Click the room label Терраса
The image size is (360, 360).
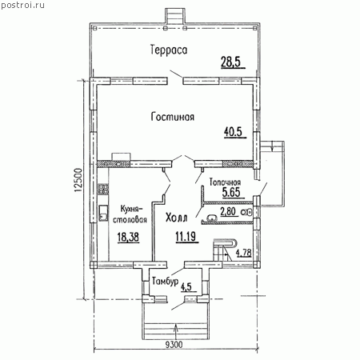169,50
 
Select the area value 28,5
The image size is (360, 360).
231,62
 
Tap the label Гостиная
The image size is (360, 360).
173,117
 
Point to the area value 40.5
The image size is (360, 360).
233,131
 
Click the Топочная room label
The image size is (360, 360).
225,182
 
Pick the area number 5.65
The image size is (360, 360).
231,192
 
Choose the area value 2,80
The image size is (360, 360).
228,211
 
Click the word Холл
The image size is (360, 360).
177,218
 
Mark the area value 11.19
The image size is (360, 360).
186,236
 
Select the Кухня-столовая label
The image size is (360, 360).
130,214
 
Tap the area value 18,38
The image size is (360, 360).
128,237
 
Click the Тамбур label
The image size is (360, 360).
165,282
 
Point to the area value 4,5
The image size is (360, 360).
186,287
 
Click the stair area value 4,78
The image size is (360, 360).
243,252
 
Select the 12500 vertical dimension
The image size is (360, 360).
78,180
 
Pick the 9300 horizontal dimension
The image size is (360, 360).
174,345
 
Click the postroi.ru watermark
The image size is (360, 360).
22,5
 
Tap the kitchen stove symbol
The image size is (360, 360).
103,189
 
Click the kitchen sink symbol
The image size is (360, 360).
103,213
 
